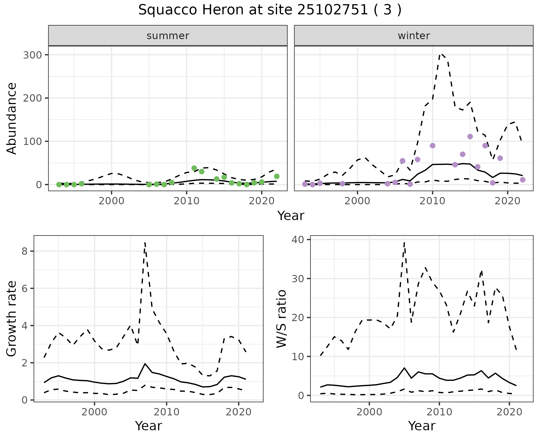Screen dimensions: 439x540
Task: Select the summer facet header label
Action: [x=168, y=36]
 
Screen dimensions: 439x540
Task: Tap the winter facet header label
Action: [x=414, y=36]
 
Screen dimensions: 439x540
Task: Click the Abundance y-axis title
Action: [x=12, y=118]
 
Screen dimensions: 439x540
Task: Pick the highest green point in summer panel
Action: [x=194, y=168]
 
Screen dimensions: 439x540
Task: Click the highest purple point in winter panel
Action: [x=470, y=137]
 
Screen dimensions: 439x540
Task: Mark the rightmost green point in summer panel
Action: [x=277, y=176]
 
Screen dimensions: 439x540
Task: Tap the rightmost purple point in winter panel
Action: [x=523, y=180]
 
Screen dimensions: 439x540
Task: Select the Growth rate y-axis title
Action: [x=12, y=319]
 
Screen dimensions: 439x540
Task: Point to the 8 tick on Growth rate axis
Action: [x=24, y=251]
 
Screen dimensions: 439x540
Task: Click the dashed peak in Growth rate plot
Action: [x=145, y=243]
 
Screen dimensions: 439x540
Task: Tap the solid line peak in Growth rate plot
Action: [x=145, y=364]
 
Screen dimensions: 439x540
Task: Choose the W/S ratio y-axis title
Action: [x=282, y=319]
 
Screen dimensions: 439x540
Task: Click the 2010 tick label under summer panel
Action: [x=186, y=201]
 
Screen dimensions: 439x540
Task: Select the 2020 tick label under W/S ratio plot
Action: [x=510, y=412]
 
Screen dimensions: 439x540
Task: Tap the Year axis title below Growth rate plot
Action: [x=148, y=426]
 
